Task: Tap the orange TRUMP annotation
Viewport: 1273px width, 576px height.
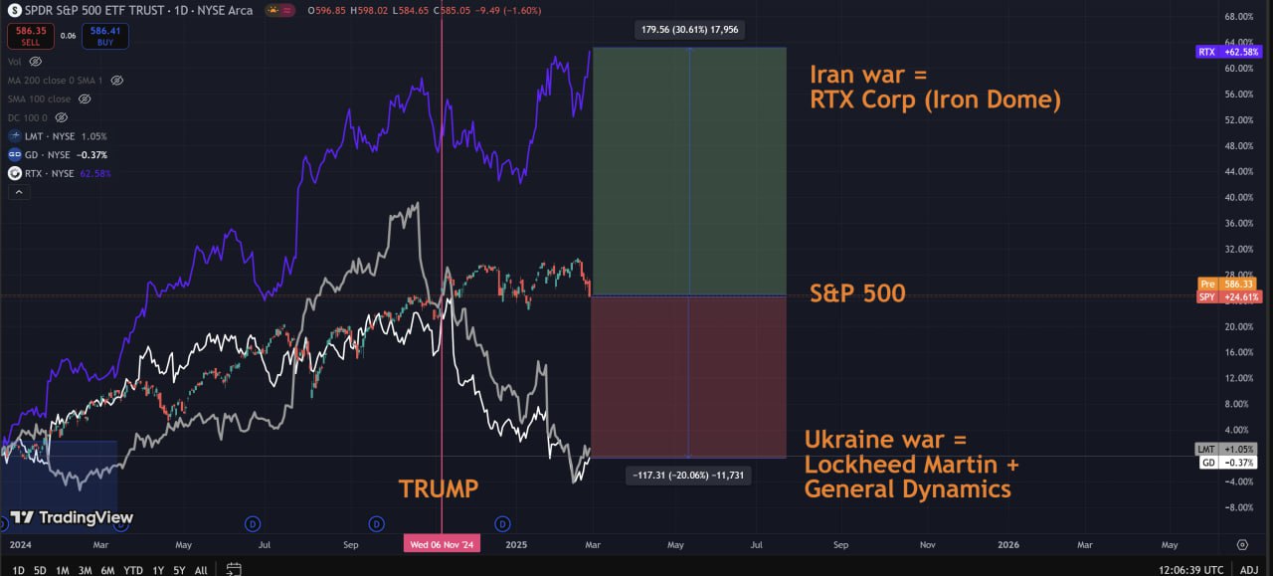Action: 439,488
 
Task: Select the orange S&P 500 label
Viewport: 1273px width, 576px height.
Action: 857,293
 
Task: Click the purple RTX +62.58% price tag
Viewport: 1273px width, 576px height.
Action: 1228,52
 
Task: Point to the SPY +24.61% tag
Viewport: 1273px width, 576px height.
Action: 1228,296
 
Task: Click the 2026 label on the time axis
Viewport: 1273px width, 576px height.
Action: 1008,545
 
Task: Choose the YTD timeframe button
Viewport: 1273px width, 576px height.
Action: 132,570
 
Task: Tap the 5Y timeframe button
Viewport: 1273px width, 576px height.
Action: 179,570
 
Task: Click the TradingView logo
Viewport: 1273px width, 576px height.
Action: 72,517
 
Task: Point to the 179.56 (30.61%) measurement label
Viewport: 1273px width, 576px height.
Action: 689,30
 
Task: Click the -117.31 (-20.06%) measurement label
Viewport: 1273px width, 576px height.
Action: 689,476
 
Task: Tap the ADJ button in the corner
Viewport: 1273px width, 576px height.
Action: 1249,570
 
